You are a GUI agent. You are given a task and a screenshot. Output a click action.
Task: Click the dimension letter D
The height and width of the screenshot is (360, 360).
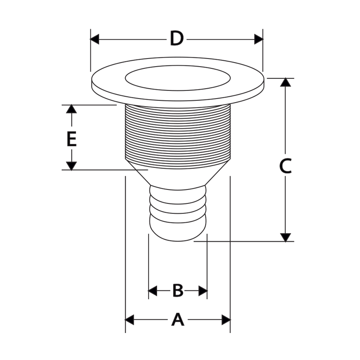(177, 39)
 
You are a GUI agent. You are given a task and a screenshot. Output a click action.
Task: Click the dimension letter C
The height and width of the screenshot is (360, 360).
(285, 166)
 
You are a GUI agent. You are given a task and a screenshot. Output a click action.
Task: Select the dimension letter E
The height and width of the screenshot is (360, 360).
(72, 139)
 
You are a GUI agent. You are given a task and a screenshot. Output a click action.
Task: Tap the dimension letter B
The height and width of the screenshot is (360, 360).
(178, 290)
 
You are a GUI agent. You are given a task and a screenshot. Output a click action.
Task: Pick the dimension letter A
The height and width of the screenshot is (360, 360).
(178, 319)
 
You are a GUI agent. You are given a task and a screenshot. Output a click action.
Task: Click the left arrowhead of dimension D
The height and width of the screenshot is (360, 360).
(94, 39)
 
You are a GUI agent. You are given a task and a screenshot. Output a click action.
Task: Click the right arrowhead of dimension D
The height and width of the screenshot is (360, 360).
(259, 39)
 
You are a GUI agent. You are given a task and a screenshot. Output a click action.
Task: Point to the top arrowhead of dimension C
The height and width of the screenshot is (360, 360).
(285, 82)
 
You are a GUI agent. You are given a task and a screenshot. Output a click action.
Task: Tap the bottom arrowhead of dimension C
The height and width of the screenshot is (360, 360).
(285, 238)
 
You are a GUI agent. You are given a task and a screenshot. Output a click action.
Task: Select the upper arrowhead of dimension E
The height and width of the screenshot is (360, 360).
(72, 109)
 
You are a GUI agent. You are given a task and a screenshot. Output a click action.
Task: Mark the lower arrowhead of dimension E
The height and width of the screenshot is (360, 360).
(72, 166)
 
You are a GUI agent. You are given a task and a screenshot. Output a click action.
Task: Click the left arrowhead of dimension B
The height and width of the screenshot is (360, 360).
(153, 291)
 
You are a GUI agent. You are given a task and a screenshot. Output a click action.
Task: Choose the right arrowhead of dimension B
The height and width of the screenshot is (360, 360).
(203, 291)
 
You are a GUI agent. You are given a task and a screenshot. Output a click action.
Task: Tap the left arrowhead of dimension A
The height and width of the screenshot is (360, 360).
(130, 319)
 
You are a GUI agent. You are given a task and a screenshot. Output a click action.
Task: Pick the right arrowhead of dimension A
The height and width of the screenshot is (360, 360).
(226, 319)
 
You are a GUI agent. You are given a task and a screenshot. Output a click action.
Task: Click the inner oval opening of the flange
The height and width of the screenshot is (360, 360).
(178, 78)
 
